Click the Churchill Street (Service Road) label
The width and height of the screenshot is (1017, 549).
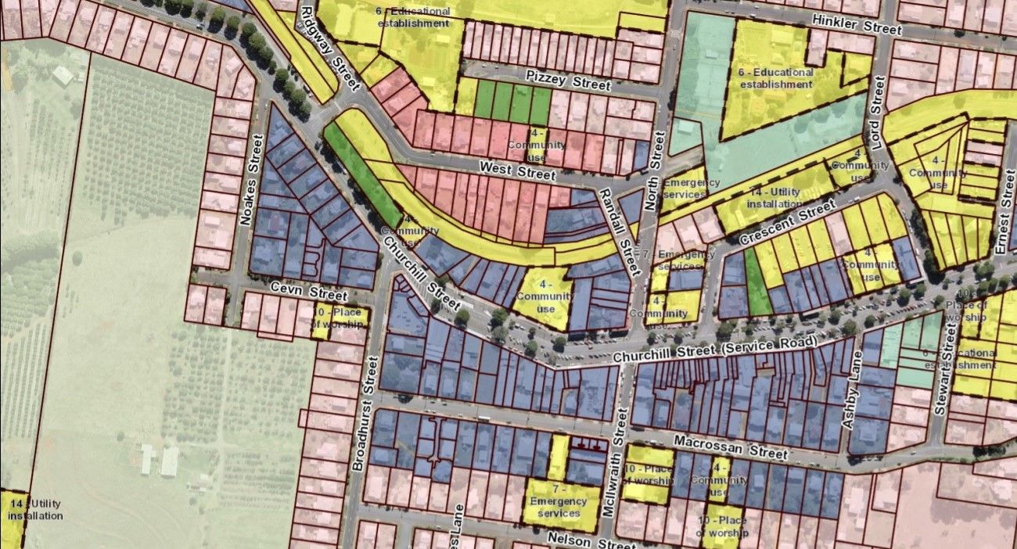[x=715, y=350]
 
